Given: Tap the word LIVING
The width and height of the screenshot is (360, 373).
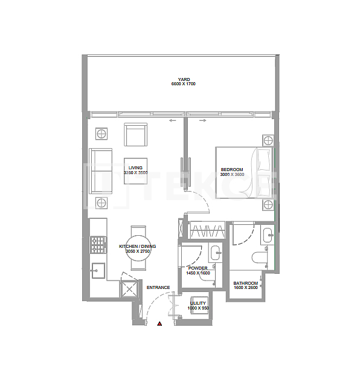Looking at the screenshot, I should (x=135, y=167).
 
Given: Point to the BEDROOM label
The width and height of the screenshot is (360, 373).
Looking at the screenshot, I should (x=232, y=169).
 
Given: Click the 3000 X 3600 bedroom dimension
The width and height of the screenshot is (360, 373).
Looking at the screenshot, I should (x=232, y=174).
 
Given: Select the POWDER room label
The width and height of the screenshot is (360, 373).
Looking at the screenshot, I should (x=198, y=268).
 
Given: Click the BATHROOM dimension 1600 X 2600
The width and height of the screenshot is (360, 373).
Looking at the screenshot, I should (x=246, y=288).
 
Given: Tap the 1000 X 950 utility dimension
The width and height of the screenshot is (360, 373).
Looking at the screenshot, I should (x=198, y=308).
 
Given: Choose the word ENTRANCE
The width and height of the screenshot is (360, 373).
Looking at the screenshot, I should (x=158, y=287).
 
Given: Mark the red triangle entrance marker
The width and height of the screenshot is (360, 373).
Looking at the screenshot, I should (x=159, y=324).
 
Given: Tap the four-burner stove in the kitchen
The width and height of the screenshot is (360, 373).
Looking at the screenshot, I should (x=98, y=244).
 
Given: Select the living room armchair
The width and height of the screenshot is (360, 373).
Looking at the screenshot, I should (x=136, y=134).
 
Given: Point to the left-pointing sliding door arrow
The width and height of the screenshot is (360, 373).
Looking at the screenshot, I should (x=173, y=121).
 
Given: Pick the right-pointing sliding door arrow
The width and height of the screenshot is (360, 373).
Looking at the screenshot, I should (x=202, y=121).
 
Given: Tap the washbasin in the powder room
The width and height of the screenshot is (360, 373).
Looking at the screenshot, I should (x=214, y=253).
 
